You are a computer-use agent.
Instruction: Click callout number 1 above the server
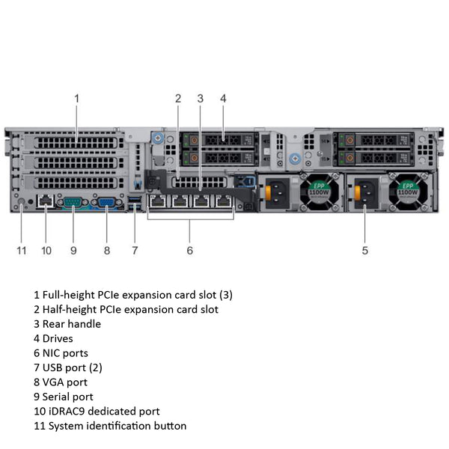click(x=76, y=98)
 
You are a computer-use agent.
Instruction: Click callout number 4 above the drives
click(x=223, y=98)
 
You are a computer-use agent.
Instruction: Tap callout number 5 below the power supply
click(x=365, y=250)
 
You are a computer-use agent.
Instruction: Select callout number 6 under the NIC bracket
click(x=190, y=250)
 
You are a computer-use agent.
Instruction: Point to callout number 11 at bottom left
click(x=22, y=250)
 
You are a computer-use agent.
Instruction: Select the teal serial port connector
click(x=73, y=201)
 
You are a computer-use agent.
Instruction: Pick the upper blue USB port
click(x=135, y=198)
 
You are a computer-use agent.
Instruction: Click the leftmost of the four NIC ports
click(x=158, y=201)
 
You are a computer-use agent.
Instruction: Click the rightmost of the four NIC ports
click(x=224, y=201)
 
